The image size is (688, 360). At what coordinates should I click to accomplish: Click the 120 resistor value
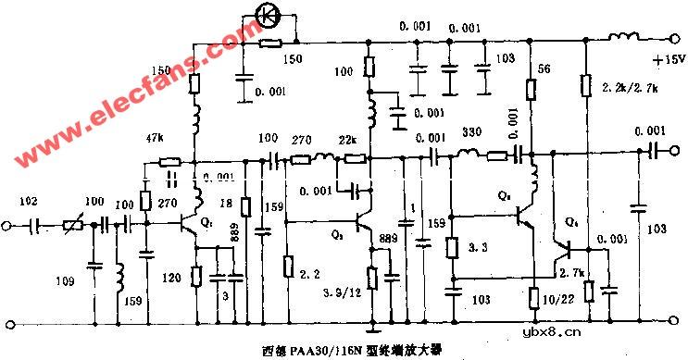[x=172, y=277]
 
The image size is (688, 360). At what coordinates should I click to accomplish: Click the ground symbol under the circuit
[x=372, y=325]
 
